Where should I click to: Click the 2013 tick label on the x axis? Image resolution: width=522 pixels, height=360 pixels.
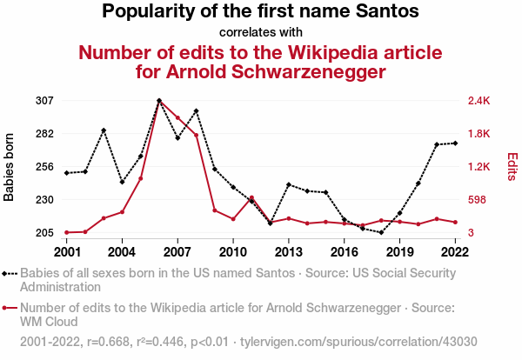[289, 252]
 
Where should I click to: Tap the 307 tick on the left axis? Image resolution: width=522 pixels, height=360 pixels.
[45, 101]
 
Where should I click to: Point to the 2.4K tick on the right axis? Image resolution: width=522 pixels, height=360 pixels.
[479, 101]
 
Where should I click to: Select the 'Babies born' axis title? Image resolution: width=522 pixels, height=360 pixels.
[10, 167]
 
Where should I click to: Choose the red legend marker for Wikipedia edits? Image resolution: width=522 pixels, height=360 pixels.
[10, 307]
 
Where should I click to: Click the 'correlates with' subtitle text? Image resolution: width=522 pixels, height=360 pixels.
[260, 32]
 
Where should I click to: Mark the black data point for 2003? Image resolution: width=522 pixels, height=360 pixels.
[104, 130]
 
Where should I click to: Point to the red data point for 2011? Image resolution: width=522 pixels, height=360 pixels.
[251, 198]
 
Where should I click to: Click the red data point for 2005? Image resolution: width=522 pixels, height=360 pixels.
[141, 178]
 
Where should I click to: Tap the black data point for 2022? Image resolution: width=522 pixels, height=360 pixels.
[455, 143]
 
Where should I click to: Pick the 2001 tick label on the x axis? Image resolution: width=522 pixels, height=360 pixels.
[67, 252]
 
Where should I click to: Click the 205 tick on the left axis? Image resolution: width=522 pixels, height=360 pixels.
[45, 233]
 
